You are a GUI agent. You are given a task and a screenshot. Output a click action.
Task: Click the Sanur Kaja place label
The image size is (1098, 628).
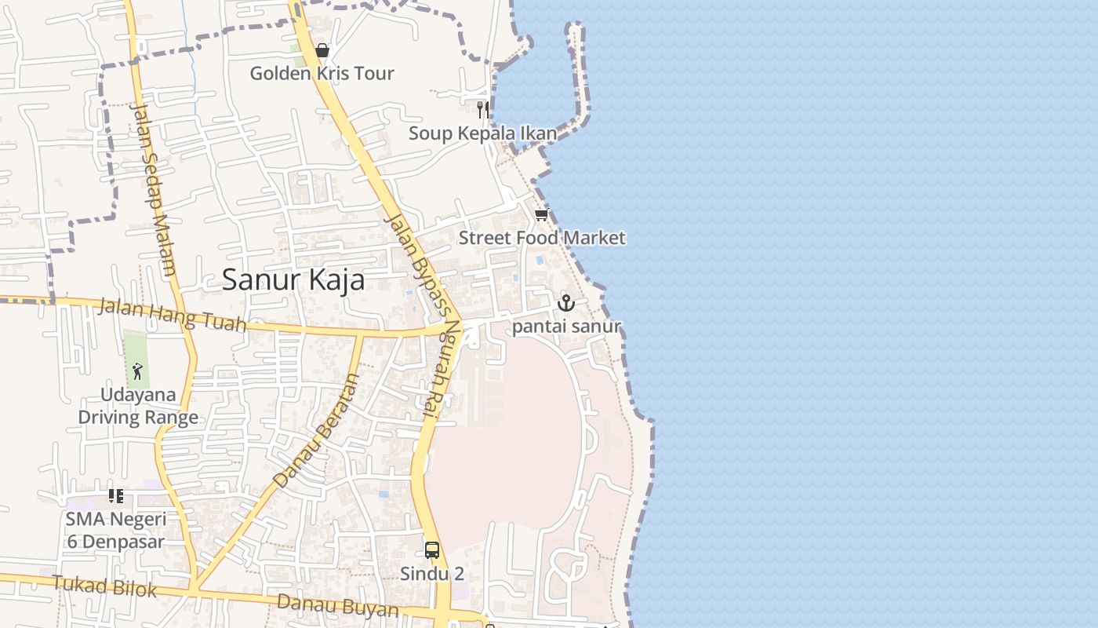click(293, 279)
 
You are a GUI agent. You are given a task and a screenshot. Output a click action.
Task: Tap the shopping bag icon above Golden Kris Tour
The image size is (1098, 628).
click(322, 51)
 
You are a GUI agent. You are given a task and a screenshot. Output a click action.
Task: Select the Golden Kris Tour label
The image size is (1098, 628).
click(322, 74)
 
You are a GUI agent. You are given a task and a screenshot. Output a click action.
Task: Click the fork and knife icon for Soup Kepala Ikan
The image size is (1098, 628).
click(483, 109)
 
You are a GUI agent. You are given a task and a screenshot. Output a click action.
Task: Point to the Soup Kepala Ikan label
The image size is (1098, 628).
click(482, 133)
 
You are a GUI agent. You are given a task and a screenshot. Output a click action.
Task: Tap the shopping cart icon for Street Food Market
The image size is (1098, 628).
click(541, 214)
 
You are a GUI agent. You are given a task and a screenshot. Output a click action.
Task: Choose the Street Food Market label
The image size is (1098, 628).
click(542, 238)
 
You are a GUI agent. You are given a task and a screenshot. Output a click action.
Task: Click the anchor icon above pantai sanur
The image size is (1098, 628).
click(565, 302)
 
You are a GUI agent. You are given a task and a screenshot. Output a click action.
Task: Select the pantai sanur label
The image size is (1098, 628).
click(566, 326)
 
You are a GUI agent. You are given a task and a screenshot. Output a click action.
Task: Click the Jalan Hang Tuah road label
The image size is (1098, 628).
click(172, 314)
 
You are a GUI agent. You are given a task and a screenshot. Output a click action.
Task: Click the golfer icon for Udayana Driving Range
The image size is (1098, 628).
click(137, 370)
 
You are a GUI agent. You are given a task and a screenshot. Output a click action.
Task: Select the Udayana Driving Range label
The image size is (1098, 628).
click(138, 406)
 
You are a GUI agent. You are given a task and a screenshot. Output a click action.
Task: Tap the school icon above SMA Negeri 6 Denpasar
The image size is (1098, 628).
click(116, 495)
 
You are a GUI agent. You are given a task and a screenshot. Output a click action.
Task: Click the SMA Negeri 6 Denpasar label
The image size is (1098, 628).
click(115, 530)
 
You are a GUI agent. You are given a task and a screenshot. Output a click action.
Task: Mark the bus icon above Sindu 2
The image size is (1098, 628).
click(432, 549)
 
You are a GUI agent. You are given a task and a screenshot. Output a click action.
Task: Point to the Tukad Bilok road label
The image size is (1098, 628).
click(104, 586)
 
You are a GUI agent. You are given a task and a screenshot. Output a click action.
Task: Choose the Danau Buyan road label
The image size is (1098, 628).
click(338, 605)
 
